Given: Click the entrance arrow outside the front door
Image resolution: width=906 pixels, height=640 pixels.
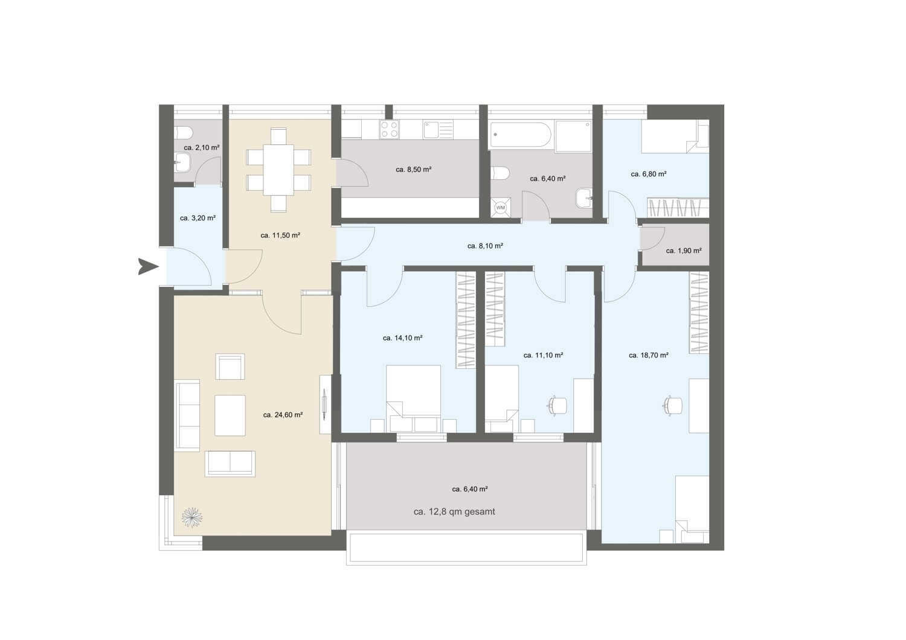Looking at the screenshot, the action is pyautogui.click(x=148, y=266).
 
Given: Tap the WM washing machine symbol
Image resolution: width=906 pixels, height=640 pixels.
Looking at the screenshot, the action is pyautogui.click(x=501, y=208).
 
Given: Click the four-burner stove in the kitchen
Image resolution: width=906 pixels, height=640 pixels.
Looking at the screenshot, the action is pyautogui.click(x=390, y=129).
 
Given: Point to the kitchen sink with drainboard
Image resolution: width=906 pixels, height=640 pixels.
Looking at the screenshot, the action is pyautogui.click(x=439, y=129).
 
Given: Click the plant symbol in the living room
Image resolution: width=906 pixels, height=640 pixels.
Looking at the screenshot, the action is pyautogui.click(x=191, y=517).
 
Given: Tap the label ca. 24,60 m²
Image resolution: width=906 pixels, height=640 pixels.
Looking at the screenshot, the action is pyautogui.click(x=283, y=415).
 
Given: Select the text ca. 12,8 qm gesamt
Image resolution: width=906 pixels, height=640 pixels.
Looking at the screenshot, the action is pyautogui.click(x=454, y=511).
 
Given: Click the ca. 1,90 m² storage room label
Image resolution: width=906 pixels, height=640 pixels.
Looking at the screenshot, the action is pyautogui.click(x=684, y=251).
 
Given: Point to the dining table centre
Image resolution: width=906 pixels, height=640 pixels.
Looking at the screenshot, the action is pyautogui.click(x=278, y=170).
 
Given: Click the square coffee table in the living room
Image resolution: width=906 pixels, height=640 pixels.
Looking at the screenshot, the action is pyautogui.click(x=230, y=415).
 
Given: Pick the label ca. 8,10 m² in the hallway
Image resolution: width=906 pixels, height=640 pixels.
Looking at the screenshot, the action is pyautogui.click(x=485, y=246).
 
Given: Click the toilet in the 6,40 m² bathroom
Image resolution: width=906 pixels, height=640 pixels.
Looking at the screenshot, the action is pyautogui.click(x=500, y=173).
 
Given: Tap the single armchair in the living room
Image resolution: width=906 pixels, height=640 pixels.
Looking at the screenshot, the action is pyautogui.click(x=230, y=366).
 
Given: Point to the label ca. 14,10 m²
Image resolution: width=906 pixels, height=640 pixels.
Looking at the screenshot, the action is pyautogui.click(x=402, y=338).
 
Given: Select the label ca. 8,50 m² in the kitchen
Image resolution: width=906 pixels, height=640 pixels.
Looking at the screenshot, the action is pyautogui.click(x=413, y=170).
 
